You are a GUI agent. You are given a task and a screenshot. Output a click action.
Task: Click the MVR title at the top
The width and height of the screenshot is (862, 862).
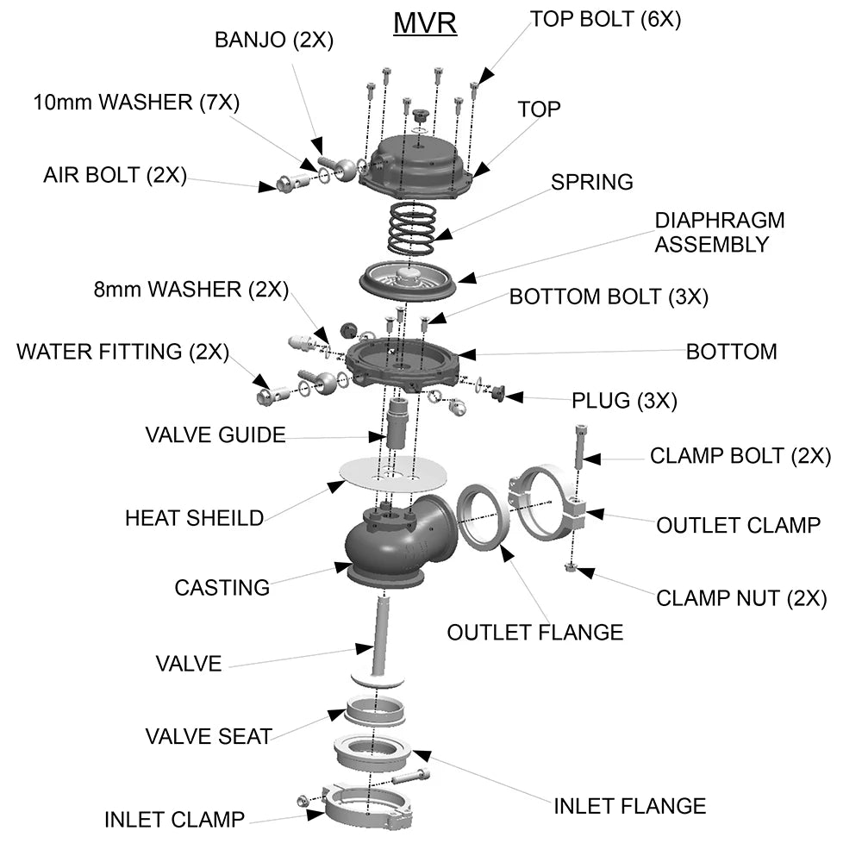(425, 22)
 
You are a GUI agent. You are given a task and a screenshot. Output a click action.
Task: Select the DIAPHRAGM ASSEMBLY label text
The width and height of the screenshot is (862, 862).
(719, 232)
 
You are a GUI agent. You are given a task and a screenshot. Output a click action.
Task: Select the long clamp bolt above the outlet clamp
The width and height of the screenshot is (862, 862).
(579, 448)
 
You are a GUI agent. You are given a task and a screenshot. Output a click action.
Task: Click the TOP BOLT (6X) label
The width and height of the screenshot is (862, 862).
(605, 19)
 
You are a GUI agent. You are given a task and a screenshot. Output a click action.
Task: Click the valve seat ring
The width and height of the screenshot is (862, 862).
(375, 712)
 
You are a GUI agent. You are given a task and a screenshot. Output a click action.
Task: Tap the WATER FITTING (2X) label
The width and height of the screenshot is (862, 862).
(122, 352)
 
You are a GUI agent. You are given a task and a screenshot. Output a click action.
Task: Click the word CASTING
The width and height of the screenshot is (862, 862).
(222, 588)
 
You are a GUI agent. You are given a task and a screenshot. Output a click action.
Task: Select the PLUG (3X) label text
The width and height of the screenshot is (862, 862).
(624, 401)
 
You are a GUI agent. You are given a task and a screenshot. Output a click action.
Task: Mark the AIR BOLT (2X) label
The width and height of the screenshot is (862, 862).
(115, 175)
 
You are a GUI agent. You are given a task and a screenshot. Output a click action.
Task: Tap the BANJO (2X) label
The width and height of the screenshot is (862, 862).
(273, 40)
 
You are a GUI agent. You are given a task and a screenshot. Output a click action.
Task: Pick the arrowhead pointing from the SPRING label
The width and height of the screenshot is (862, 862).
(442, 234)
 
